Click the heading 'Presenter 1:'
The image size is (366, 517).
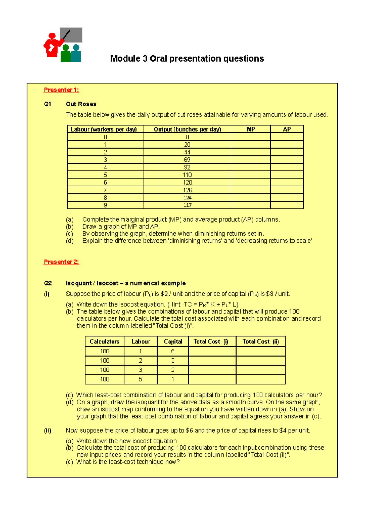point(61,90)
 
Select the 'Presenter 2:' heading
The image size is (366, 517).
point(61,262)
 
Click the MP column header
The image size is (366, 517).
point(251,129)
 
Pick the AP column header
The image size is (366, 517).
point(287,129)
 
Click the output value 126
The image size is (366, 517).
point(187,190)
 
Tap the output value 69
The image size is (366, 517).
point(187,160)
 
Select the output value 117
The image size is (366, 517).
point(187,205)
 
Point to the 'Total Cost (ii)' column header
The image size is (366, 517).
point(261,342)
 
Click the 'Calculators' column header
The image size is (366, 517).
point(104,342)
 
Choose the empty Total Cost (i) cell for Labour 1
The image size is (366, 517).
point(212,351)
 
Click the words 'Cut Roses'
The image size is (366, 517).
point(81,104)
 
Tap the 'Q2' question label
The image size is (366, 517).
point(48,283)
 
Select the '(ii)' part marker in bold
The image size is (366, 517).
point(48,431)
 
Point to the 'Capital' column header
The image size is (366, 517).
point(173,342)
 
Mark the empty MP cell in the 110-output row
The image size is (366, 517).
point(251,175)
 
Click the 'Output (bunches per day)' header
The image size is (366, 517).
point(187,129)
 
